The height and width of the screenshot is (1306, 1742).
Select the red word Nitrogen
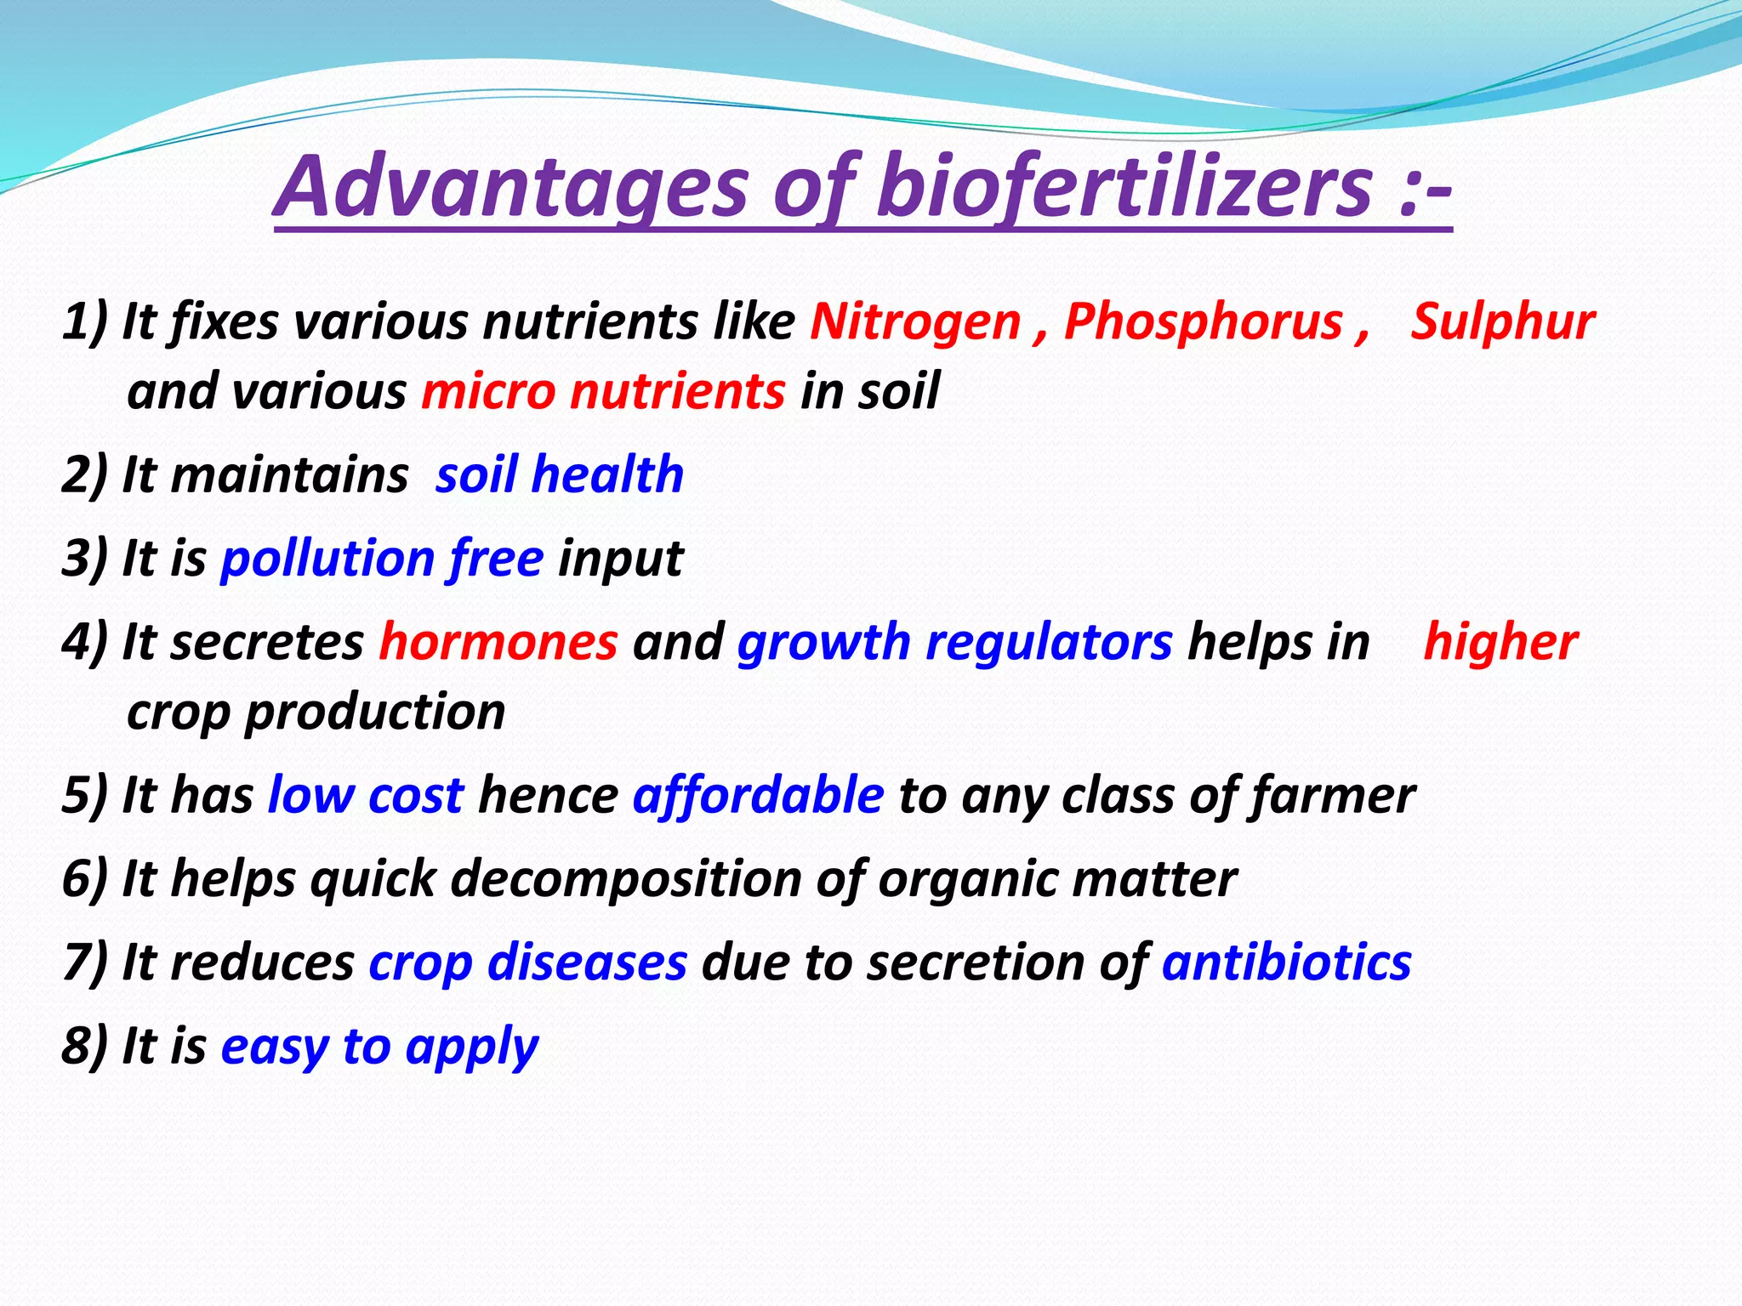coord(915,322)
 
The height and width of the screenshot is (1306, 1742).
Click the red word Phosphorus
coord(1203,322)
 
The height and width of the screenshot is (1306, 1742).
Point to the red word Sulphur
coord(1502,322)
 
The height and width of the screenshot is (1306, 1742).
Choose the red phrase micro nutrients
coord(603,392)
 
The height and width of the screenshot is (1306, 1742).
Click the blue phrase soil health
coord(560,474)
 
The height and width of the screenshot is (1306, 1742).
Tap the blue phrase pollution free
coord(382,559)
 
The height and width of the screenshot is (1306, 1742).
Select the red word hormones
coord(498,642)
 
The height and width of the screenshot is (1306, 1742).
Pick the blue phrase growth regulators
coord(955,642)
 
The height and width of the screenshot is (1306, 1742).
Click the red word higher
coord(1500,642)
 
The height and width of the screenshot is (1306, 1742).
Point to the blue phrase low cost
coord(366,796)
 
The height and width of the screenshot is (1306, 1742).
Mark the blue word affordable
coord(758,796)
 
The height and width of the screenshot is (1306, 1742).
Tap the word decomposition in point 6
coord(626,878)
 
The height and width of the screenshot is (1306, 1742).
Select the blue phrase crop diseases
coord(527,962)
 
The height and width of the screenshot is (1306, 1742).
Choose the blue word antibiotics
coord(1286,962)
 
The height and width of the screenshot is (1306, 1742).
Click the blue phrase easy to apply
coord(379,1047)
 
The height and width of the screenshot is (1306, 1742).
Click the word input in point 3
coord(620,559)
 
